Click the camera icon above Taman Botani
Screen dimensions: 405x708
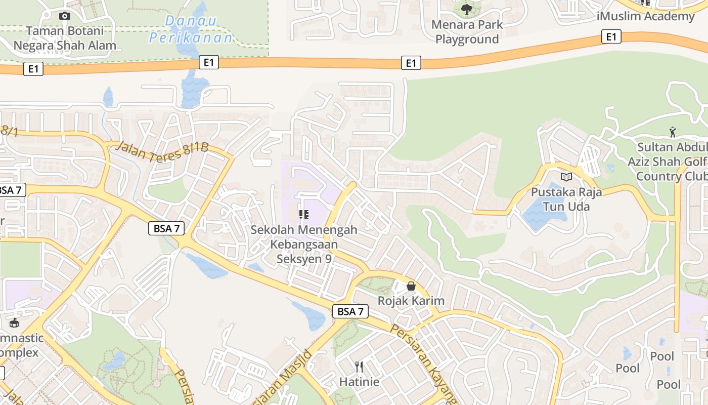[x=65, y=16]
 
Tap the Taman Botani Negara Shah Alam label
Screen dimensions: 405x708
[x=65, y=38]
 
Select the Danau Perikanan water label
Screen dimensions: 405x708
[x=191, y=29]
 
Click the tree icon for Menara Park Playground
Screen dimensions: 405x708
[x=467, y=9]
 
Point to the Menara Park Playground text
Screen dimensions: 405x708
[x=467, y=32]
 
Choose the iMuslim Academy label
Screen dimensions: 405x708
[x=645, y=16]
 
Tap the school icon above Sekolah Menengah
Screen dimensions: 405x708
[x=303, y=215]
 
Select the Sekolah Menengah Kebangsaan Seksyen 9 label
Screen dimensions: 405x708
[x=303, y=244]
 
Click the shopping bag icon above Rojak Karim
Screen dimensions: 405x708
[x=411, y=286]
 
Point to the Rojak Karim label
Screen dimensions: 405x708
[x=411, y=301]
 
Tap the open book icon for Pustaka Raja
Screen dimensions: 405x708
[x=566, y=177]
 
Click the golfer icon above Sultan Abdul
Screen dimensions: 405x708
[x=672, y=133]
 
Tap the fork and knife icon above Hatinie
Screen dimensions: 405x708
[x=359, y=367]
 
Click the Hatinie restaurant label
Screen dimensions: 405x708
[x=359, y=381]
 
